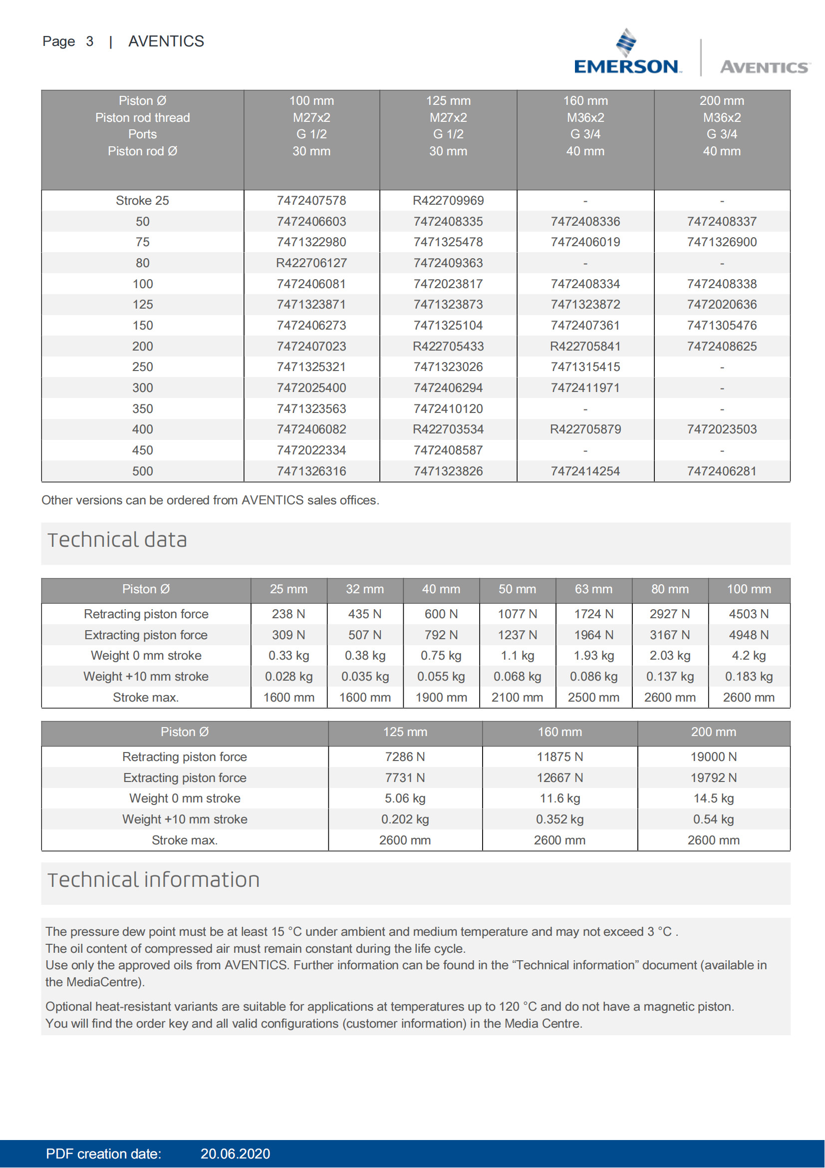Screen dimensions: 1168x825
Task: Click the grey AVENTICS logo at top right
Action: (x=764, y=66)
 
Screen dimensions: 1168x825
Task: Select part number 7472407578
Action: (x=311, y=200)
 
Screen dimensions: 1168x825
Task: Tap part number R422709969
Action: (x=448, y=200)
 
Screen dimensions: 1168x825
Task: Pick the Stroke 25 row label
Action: (x=142, y=200)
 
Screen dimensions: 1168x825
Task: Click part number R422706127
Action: (x=311, y=263)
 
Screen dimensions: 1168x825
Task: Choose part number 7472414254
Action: (x=585, y=471)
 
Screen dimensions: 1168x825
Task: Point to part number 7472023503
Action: (x=721, y=429)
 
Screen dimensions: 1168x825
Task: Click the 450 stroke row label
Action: (x=142, y=450)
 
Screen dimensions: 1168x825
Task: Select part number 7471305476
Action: (x=721, y=326)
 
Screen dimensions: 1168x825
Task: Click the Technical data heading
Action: (x=117, y=540)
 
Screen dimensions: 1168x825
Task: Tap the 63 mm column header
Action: (x=593, y=589)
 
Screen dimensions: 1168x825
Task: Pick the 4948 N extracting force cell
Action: (x=748, y=635)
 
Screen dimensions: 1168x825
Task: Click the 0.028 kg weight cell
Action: (x=288, y=677)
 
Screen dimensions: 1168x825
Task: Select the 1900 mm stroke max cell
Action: (x=441, y=698)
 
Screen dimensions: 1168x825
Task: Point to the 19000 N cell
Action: (x=713, y=757)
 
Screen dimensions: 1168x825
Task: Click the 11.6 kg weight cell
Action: (x=559, y=798)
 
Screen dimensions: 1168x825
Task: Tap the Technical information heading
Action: (x=154, y=880)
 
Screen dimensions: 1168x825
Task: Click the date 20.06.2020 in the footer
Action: (x=235, y=1154)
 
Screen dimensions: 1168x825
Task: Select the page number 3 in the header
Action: (x=89, y=41)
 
